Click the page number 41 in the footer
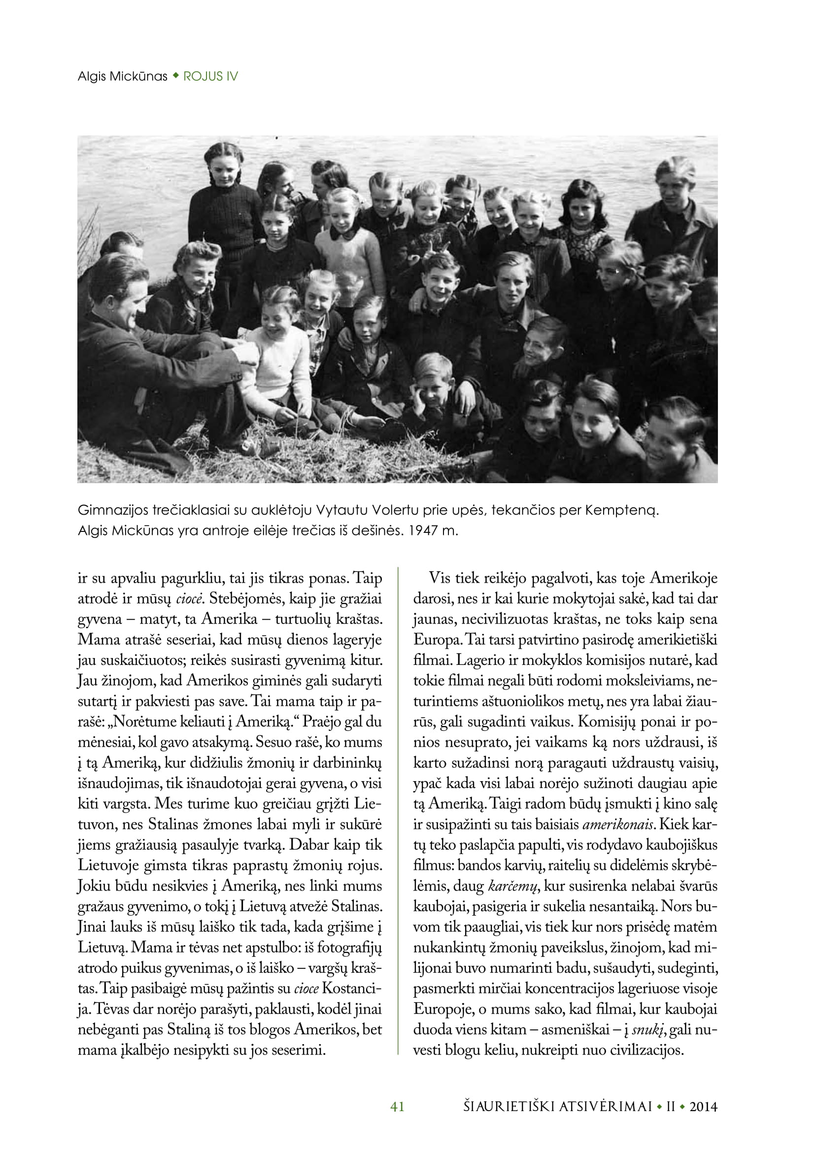point(397,1106)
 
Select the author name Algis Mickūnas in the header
point(123,77)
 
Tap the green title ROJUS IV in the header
point(211,77)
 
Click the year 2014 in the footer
point(703,1106)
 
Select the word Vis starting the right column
point(440,578)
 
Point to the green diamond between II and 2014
point(682,1106)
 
